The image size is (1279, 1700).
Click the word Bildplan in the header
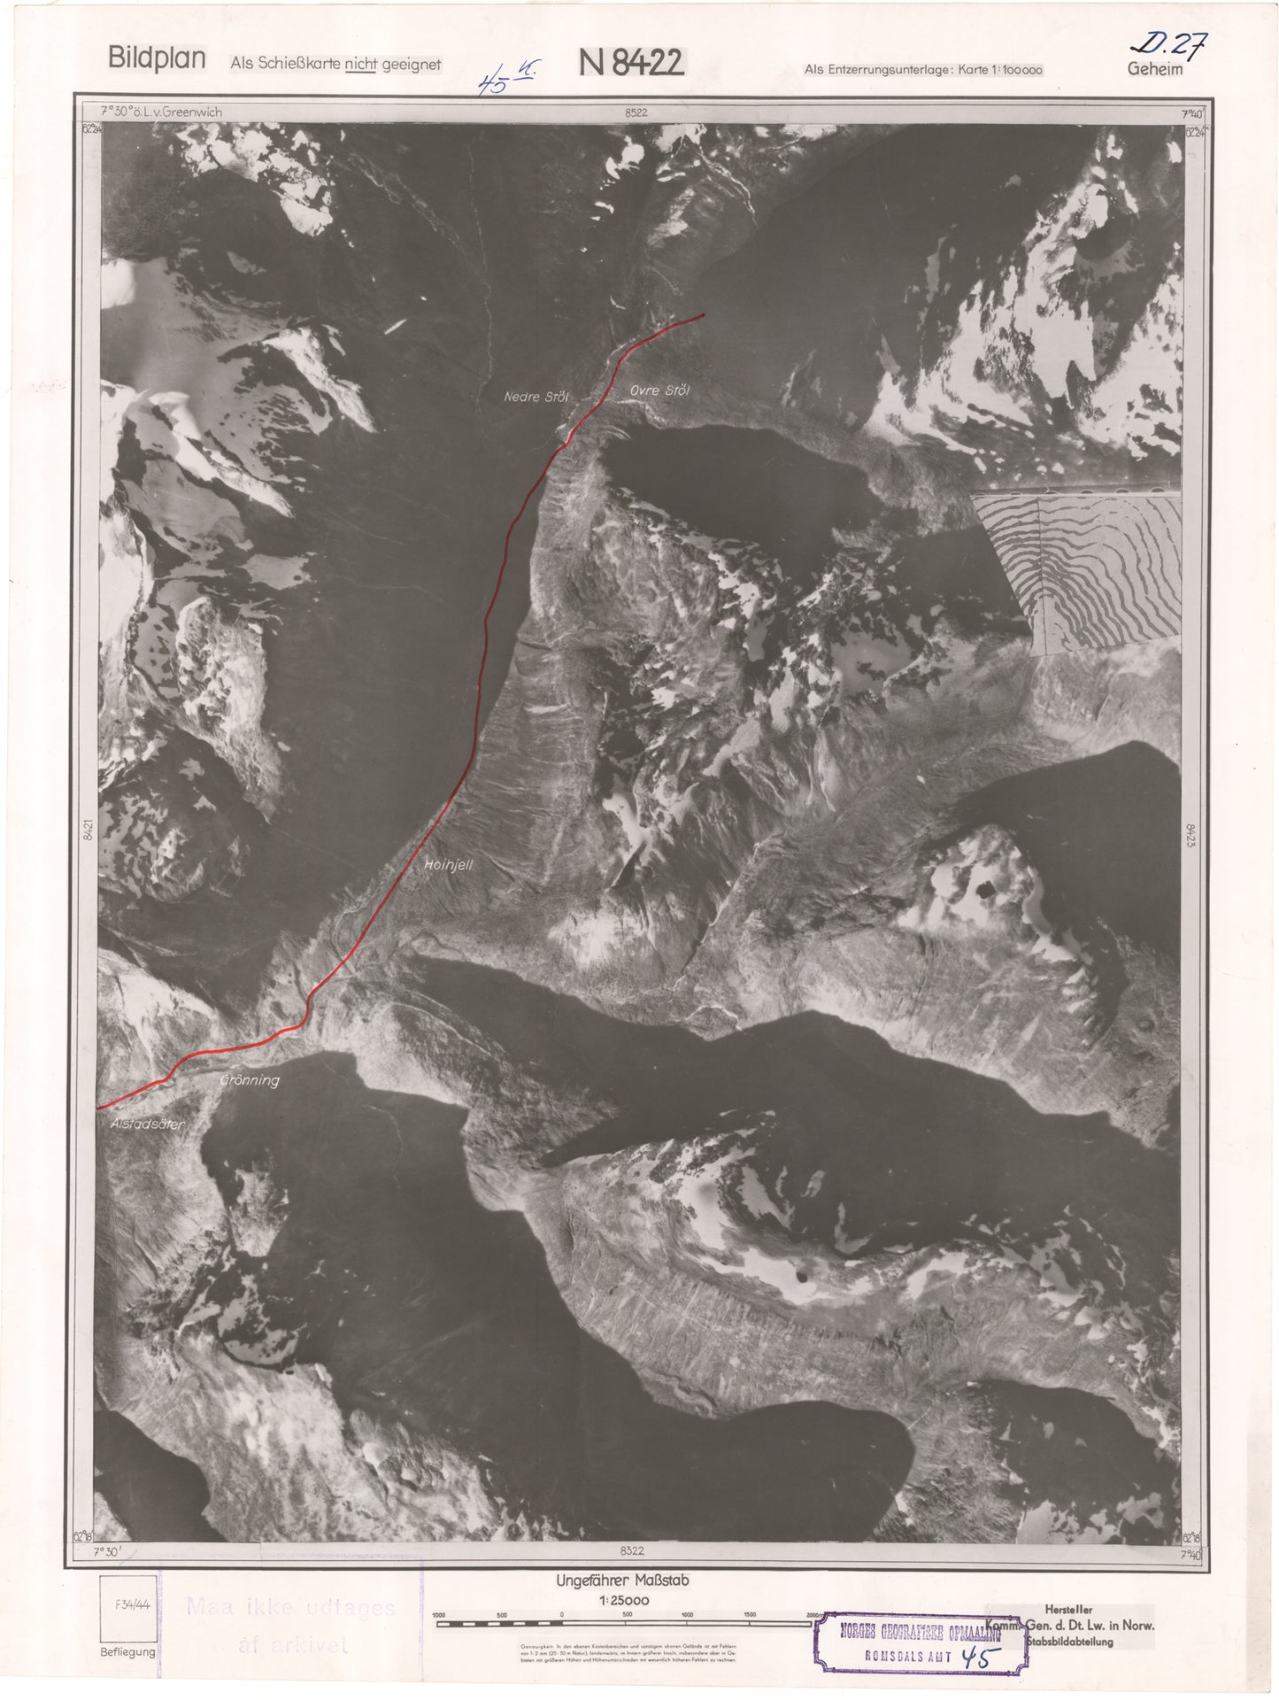pyautogui.click(x=157, y=58)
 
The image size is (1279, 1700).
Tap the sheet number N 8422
pyautogui.click(x=631, y=63)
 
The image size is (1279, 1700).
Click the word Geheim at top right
pyautogui.click(x=1154, y=69)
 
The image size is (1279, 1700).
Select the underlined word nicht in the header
pyautogui.click(x=361, y=64)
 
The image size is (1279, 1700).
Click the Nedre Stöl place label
pyautogui.click(x=535, y=397)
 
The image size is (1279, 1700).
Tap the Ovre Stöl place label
pyautogui.click(x=659, y=390)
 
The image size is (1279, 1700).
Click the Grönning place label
pyautogui.click(x=250, y=1080)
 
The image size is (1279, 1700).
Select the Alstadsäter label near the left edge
pyautogui.click(x=147, y=1124)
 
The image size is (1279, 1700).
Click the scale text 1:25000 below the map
pyautogui.click(x=623, y=1600)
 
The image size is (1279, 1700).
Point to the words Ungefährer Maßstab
pyautogui.click(x=622, y=1580)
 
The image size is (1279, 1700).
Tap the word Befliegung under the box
pyautogui.click(x=127, y=1651)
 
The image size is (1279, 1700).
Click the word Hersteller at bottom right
pyautogui.click(x=1068, y=1609)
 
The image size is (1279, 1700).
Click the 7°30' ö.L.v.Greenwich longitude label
pyautogui.click(x=162, y=112)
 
